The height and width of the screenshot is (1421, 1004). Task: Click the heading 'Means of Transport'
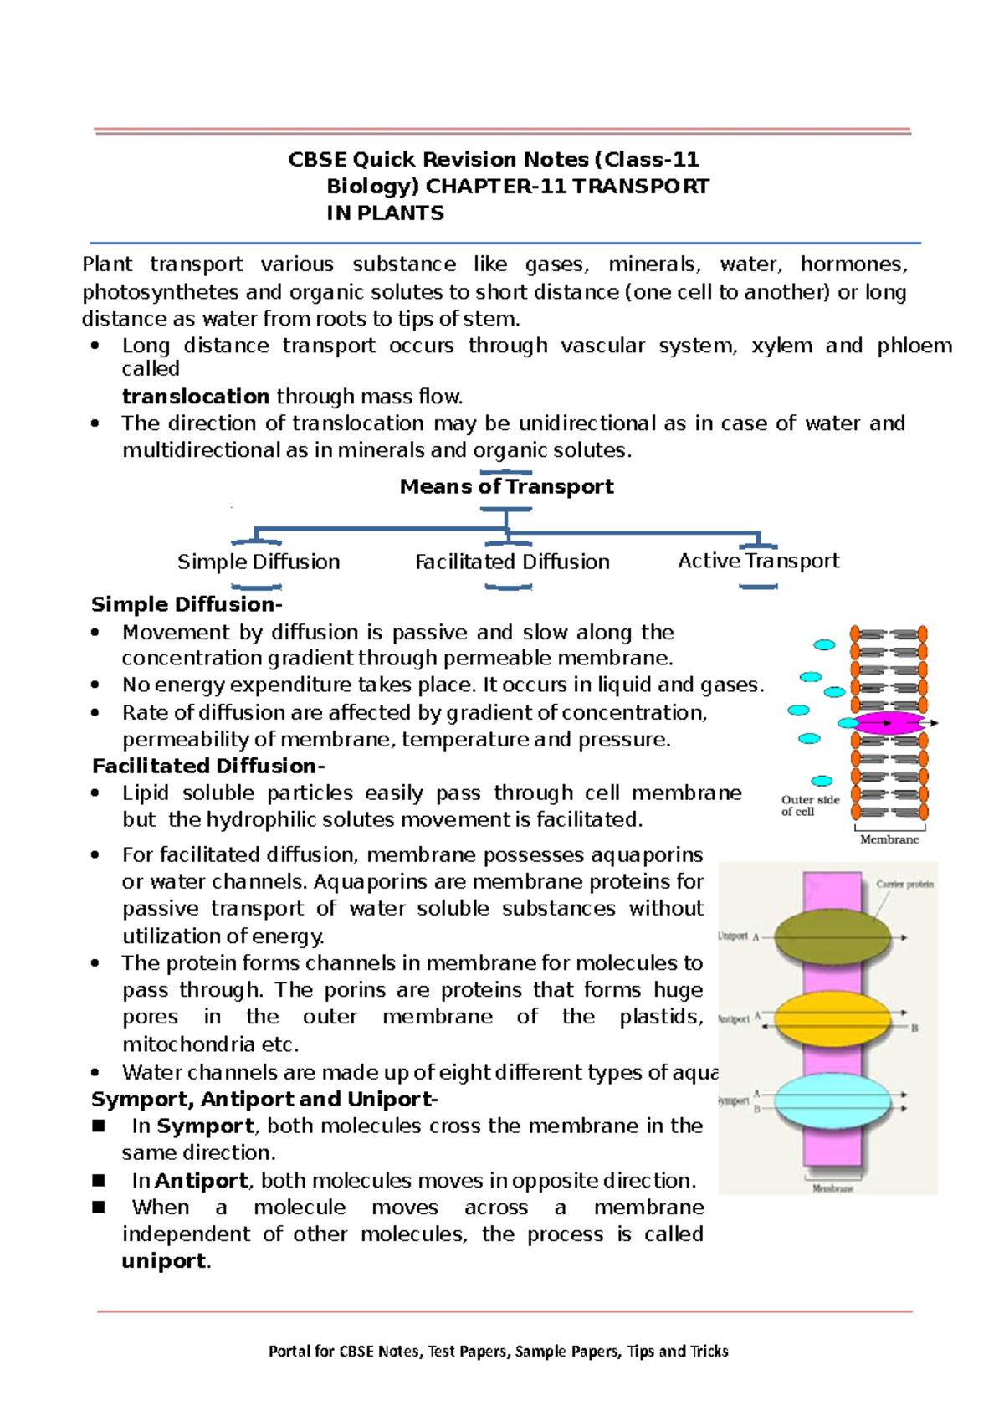tap(506, 486)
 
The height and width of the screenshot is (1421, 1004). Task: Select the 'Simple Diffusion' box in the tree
tap(259, 562)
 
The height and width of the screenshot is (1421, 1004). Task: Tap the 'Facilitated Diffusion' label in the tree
tap(512, 562)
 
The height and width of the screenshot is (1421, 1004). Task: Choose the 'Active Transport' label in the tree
tap(758, 561)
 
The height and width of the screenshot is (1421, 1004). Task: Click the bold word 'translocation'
tap(196, 396)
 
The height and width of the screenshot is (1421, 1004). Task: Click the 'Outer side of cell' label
tap(810, 805)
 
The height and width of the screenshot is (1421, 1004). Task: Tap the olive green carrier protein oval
tap(832, 937)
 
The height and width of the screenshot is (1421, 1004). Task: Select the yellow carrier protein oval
tap(832, 1018)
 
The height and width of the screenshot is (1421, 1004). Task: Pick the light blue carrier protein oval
tap(832, 1100)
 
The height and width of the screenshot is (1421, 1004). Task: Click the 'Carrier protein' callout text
tap(904, 884)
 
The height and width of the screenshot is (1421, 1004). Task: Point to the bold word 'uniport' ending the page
tap(163, 1261)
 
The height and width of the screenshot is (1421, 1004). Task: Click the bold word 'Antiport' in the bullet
tap(202, 1181)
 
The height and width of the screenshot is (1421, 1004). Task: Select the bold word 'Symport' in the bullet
tap(205, 1126)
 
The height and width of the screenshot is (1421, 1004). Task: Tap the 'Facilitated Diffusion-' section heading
tap(208, 766)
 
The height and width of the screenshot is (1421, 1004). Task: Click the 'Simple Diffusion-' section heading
tap(187, 604)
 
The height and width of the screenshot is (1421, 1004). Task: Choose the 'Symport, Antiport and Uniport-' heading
tap(264, 1099)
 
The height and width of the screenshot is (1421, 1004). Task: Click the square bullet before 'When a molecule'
tap(99, 1207)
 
